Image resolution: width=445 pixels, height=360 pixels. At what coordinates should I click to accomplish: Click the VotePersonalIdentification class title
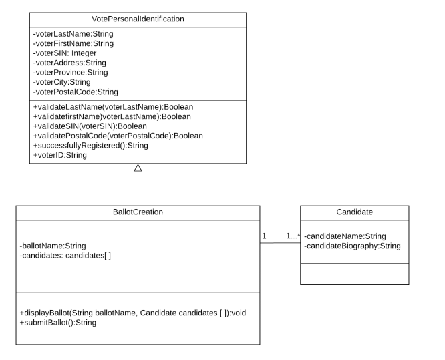pyautogui.click(x=138, y=20)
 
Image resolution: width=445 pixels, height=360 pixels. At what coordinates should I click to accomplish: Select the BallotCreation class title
pyautogui.click(x=138, y=212)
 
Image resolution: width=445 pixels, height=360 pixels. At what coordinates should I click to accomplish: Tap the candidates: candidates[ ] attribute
pyautogui.click(x=65, y=255)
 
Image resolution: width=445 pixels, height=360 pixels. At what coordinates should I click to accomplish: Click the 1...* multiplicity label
pyautogui.click(x=293, y=236)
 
